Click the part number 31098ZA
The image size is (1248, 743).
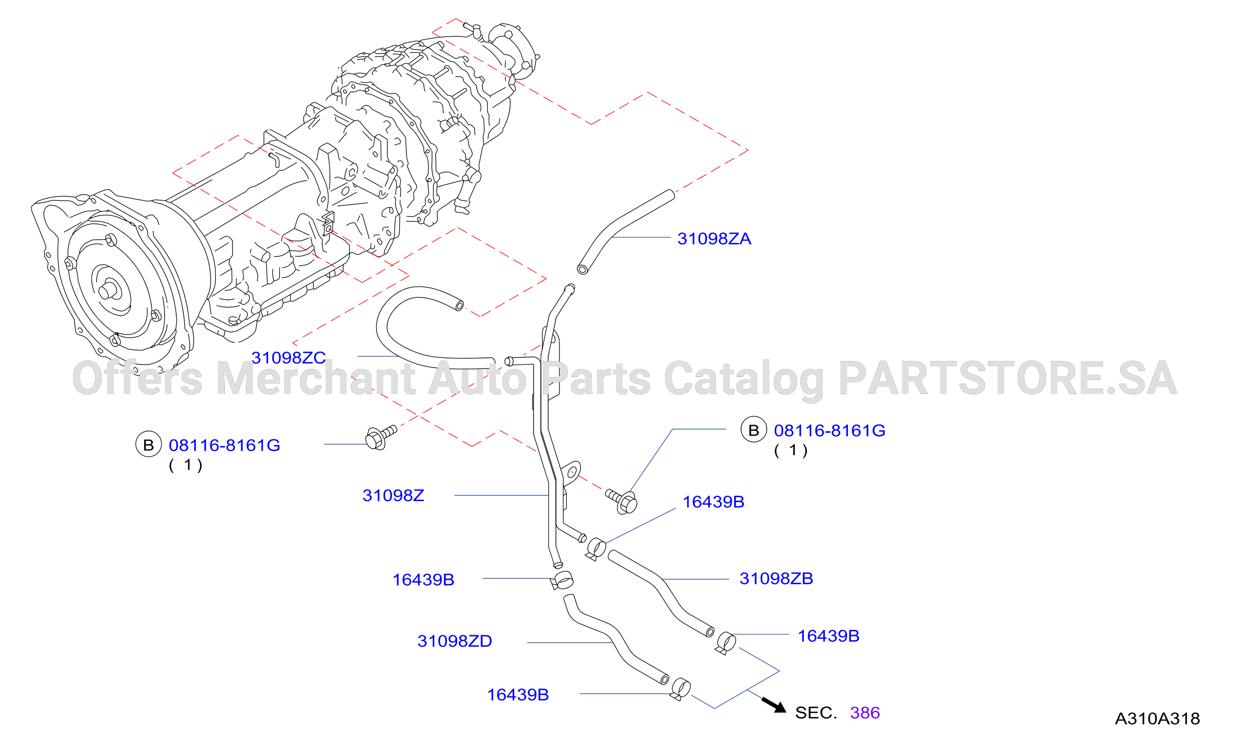click(714, 239)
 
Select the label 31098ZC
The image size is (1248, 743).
click(288, 358)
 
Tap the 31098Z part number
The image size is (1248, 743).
click(393, 496)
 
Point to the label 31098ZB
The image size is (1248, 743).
click(776, 579)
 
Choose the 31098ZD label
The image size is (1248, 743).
click(455, 641)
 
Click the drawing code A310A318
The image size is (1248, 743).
click(1157, 719)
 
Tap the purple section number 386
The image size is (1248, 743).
click(865, 713)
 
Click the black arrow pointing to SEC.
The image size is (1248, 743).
click(774, 704)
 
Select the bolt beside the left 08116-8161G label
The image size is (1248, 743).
click(381, 437)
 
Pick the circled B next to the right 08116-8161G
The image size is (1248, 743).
click(754, 430)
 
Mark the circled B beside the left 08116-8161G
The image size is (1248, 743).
click(149, 445)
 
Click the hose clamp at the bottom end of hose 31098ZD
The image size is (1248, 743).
click(680, 689)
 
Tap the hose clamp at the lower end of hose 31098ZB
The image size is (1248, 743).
click(726, 643)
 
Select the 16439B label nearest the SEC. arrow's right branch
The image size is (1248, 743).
click(828, 636)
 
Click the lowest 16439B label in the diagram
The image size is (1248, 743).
click(518, 695)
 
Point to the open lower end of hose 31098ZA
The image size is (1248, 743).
click(582, 269)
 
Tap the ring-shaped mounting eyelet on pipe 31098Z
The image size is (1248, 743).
click(571, 472)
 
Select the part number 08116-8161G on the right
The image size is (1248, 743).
click(829, 431)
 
